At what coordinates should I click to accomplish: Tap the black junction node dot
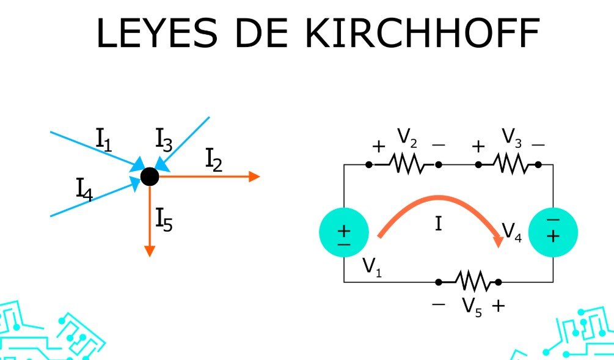[x=150, y=177]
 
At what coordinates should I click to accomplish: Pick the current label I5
[x=164, y=220]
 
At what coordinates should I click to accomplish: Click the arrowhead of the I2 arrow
[x=254, y=177]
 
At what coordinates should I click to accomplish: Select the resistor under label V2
[x=406, y=164]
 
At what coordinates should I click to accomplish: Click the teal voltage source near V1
[x=344, y=233]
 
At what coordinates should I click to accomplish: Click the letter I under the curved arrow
[x=439, y=224]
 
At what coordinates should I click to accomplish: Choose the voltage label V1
[x=371, y=266]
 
